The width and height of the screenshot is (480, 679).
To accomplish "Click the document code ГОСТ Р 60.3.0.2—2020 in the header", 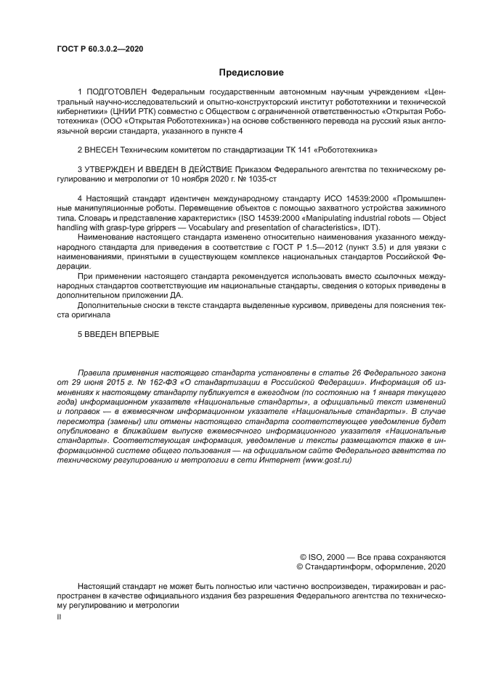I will click(99, 49).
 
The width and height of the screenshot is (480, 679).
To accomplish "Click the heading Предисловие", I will click(251, 72).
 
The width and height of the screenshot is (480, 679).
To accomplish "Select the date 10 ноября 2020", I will click(199, 178).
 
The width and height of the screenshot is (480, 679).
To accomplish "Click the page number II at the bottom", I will click(60, 616).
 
